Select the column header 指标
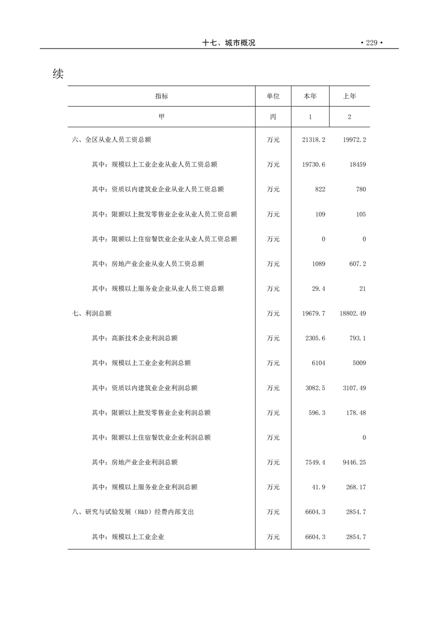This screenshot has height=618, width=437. point(161,96)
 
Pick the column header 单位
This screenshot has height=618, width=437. point(273,96)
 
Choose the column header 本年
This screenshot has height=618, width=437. point(310,96)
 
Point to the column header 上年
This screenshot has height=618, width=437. point(349,96)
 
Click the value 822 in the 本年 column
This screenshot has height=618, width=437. point(320,189)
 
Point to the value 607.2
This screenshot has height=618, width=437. point(357,264)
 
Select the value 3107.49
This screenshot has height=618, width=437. point(354,388)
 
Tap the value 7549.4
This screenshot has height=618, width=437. point(315,462)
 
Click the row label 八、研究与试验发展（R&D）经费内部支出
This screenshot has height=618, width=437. point(133,512)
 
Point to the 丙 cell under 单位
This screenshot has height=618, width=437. point(273,117)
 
